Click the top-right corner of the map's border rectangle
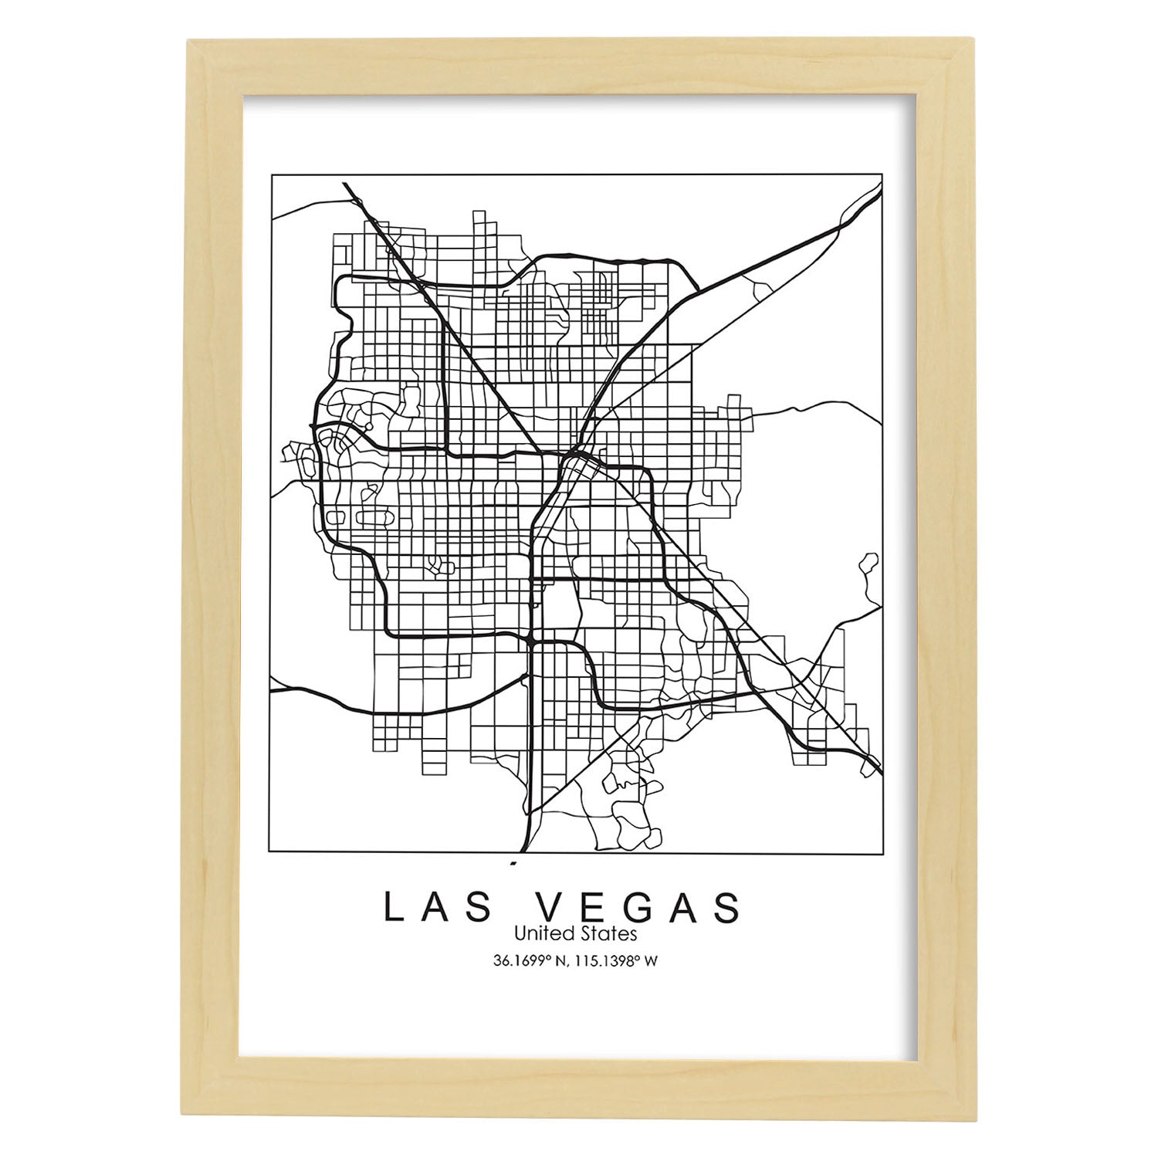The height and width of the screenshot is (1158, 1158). [882, 175]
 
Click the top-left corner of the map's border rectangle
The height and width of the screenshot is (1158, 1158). [271, 175]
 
